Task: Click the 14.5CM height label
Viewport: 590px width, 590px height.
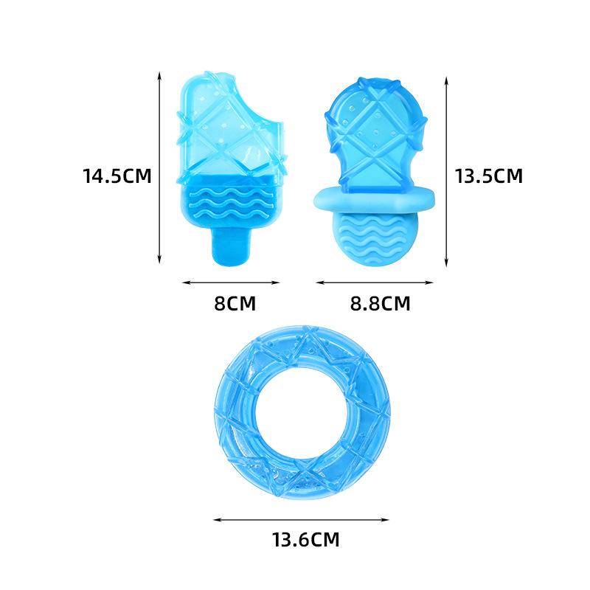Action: (x=117, y=176)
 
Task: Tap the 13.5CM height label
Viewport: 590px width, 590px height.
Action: (x=488, y=176)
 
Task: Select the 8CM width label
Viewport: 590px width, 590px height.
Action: (x=230, y=303)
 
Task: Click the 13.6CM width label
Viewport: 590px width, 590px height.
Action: (x=304, y=540)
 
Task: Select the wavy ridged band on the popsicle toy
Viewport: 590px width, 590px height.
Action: (x=230, y=204)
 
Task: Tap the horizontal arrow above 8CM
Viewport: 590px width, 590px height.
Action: (x=230, y=282)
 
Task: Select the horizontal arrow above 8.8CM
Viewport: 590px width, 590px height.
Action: (x=374, y=282)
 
